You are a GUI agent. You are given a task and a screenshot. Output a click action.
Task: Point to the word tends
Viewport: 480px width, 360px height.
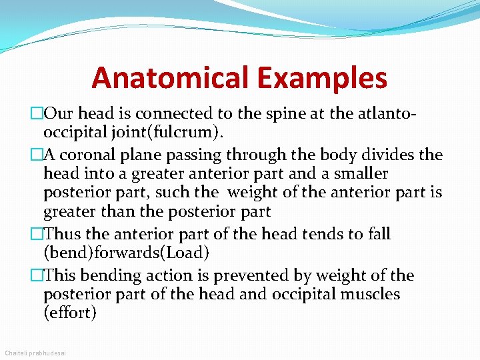coord(323,234)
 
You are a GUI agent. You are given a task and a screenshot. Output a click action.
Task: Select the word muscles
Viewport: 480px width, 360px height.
coord(369,294)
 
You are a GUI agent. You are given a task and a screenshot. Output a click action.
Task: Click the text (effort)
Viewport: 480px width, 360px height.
coord(70,313)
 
